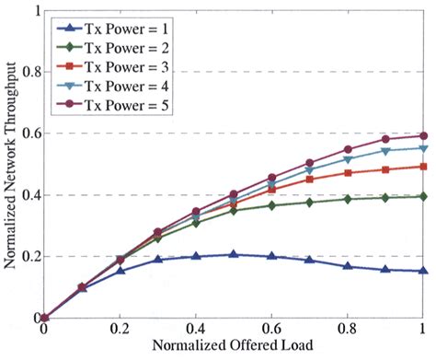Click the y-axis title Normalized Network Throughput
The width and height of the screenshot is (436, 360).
11,166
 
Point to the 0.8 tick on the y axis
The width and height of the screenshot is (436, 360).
44,72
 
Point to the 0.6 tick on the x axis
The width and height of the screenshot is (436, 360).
271,318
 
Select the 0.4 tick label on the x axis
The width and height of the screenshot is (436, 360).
195,332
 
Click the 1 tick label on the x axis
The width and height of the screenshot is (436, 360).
423,332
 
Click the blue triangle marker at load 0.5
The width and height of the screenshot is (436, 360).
234,254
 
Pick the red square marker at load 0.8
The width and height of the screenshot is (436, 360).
348,172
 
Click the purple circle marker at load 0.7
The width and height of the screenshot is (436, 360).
310,163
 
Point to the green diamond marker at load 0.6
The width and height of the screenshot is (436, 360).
271,205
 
